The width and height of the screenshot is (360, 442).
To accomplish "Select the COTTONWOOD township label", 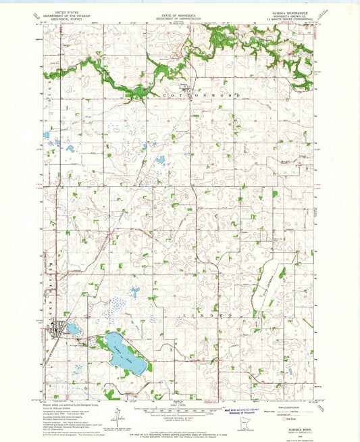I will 197,96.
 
